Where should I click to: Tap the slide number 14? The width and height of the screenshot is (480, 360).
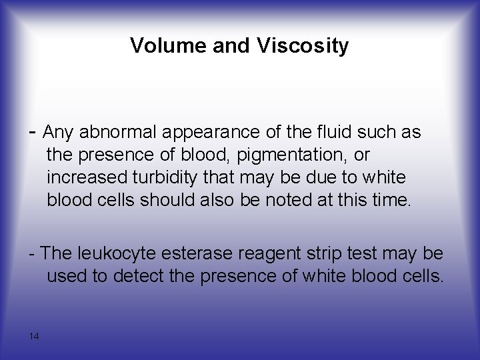(x=34, y=336)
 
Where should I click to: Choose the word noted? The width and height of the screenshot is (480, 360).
(x=311, y=201)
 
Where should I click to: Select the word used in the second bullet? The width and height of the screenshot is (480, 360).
(x=68, y=276)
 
